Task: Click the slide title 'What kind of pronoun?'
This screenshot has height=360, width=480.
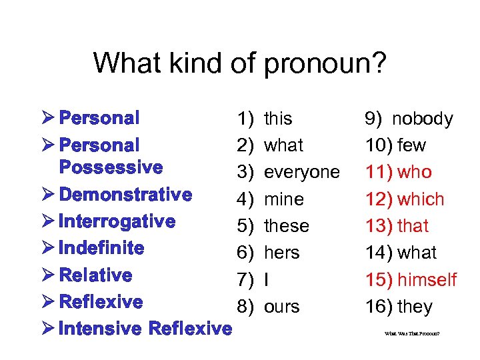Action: pos(239,63)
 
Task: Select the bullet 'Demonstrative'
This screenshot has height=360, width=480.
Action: pos(125,195)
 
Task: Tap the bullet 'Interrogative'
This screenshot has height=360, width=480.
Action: pos(117,221)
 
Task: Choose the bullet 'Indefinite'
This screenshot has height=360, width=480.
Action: pos(101,248)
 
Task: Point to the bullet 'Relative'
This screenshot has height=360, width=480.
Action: pos(96,275)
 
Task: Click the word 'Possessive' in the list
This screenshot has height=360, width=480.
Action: pos(111,167)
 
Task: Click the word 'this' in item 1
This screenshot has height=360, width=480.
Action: pos(278,119)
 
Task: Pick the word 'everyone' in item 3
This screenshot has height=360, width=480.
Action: pos(302,173)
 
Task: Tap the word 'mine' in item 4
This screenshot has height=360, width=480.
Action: pos(284,199)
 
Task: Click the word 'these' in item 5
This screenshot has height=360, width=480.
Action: pos(287,226)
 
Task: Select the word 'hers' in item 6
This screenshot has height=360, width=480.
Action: pos(282,253)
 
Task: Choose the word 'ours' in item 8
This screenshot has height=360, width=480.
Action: pos(282,307)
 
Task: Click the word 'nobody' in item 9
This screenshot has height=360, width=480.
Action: pos(423,119)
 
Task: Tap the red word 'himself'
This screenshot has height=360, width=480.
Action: pos(427,279)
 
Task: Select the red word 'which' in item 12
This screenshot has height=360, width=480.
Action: pos(421,199)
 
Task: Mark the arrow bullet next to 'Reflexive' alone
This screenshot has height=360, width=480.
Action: pos(47,301)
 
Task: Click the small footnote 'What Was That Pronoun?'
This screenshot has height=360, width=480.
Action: pos(412,333)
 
